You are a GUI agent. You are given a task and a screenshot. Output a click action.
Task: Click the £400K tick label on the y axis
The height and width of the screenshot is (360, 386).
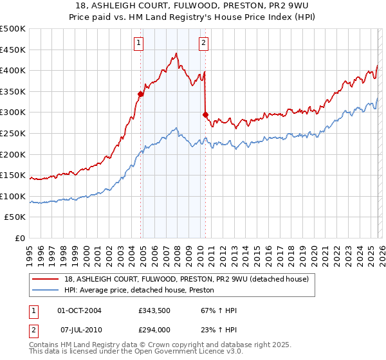point(13,71)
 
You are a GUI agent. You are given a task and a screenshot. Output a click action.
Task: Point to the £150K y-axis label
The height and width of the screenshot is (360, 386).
point(13,175)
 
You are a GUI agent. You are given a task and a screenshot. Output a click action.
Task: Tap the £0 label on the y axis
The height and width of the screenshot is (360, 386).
point(20,238)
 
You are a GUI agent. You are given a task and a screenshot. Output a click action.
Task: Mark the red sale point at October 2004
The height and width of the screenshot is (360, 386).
point(140,94)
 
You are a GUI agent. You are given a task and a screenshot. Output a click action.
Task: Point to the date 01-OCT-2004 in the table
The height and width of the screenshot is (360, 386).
point(79,310)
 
